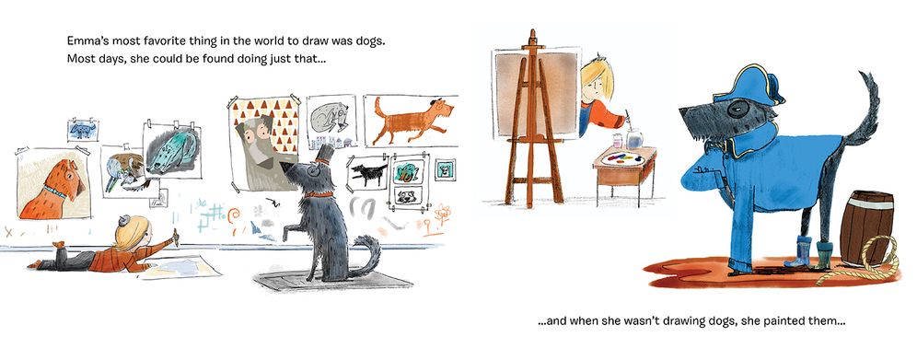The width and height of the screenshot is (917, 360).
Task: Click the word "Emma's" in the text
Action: pyautogui.click(x=86, y=41)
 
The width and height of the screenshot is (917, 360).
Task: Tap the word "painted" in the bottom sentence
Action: pyautogui.click(x=790, y=320)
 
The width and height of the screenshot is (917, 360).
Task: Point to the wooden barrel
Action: pyautogui.click(x=866, y=226)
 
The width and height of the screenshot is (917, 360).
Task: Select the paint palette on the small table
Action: pyautogui.click(x=624, y=157)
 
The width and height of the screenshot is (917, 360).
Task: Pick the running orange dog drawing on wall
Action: pyautogui.click(x=412, y=121)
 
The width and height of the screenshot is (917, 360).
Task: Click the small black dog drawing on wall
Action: pyautogui.click(x=368, y=174)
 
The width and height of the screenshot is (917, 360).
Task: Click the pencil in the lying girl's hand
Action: pyautogui.click(x=175, y=236)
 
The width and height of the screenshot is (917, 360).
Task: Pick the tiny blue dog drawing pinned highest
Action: pyautogui.click(x=82, y=130)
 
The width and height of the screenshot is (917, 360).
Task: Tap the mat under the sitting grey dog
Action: pyautogui.click(x=334, y=281)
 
